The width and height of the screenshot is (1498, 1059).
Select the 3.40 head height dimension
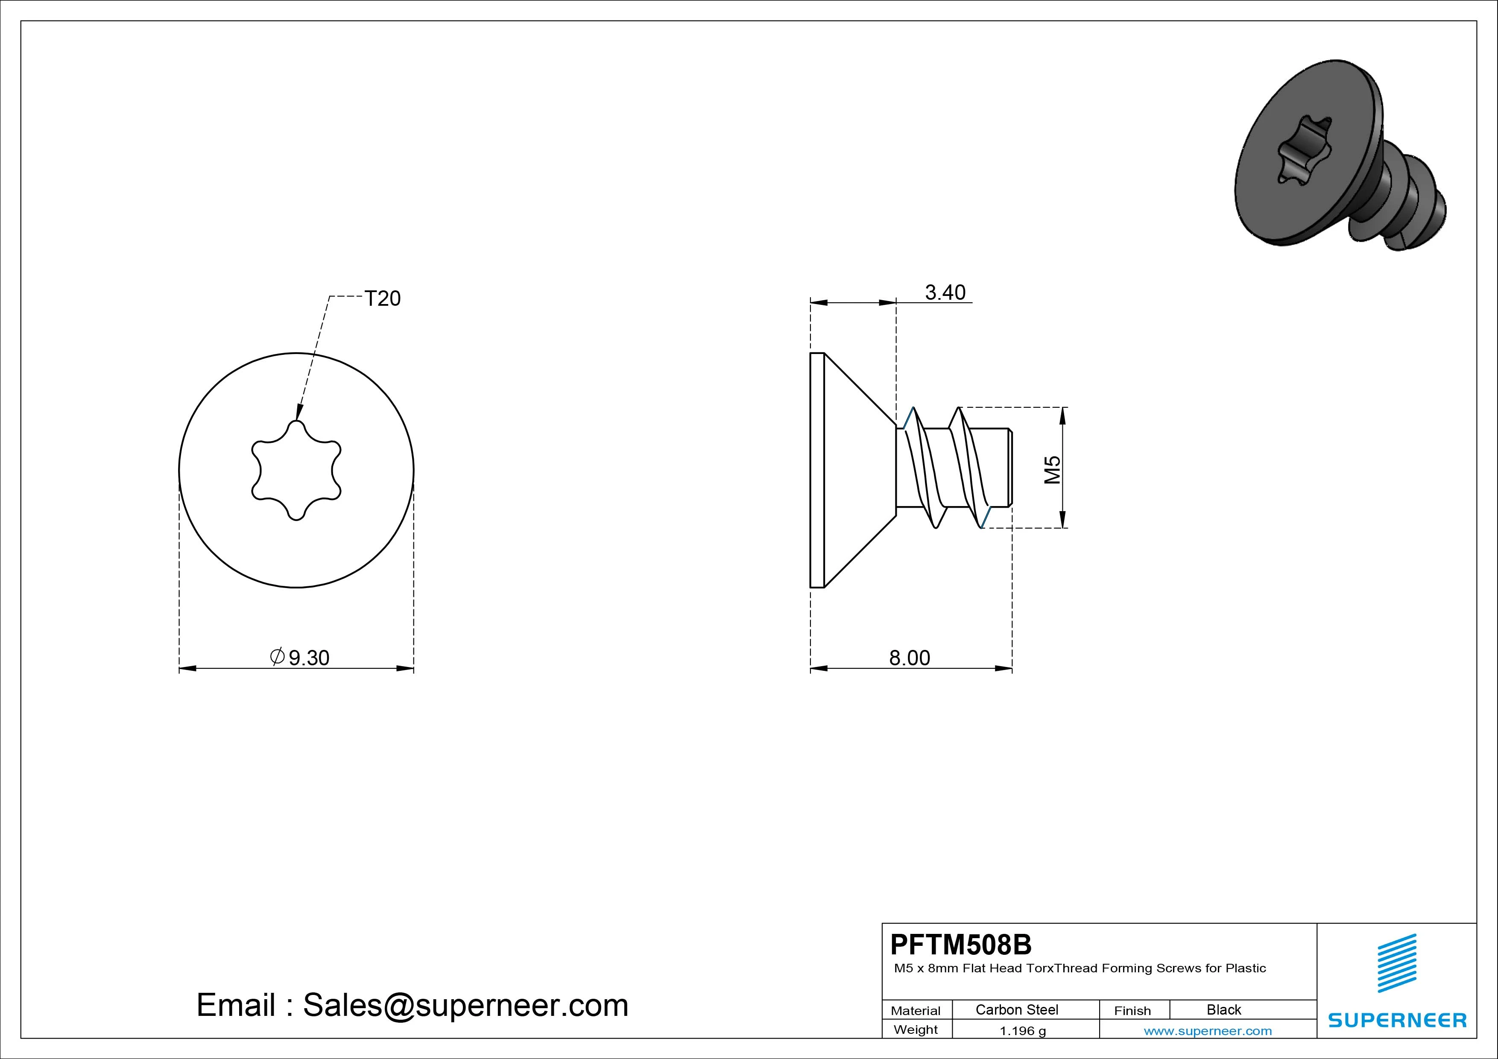[945, 293]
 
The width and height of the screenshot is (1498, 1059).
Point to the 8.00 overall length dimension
[910, 658]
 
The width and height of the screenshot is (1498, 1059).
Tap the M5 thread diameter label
[1052, 470]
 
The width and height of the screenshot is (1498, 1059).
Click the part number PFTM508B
[961, 944]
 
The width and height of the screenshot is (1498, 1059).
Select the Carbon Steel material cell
[1016, 1009]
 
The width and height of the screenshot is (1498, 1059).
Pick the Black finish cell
[1224, 1009]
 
